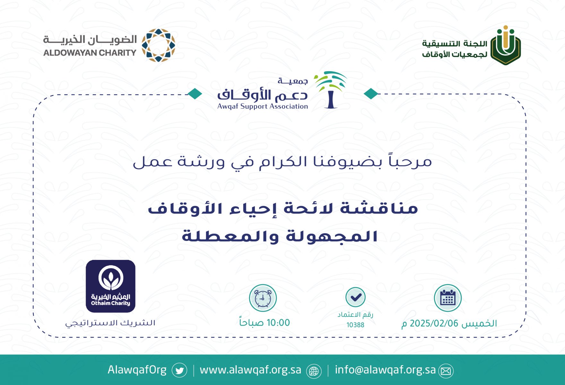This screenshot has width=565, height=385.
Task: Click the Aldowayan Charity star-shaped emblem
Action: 158,45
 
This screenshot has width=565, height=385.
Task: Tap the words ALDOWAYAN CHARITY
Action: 90,53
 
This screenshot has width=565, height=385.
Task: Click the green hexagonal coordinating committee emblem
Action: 506,45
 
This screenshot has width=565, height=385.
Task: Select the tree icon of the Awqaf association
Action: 330,90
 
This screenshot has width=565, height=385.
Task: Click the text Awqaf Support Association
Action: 263,106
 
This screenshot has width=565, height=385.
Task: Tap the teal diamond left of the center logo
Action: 195,94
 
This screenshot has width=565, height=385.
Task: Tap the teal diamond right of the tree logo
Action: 371,94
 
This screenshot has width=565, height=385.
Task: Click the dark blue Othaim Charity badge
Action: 110,286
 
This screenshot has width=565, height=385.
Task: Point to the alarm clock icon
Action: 263,298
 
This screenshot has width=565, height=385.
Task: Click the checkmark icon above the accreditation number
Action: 355,297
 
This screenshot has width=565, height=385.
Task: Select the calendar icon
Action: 448,298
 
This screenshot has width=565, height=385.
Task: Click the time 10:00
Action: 278,323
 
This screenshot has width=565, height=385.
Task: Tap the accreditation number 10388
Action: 355,325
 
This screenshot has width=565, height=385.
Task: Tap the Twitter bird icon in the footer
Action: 179,371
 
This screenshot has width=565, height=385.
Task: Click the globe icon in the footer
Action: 314,371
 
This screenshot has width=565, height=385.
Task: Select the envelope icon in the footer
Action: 446,371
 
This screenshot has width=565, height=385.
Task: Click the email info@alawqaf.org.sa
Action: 385,370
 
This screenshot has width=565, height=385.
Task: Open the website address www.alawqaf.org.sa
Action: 250,370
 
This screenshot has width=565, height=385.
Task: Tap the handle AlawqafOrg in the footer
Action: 137,370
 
